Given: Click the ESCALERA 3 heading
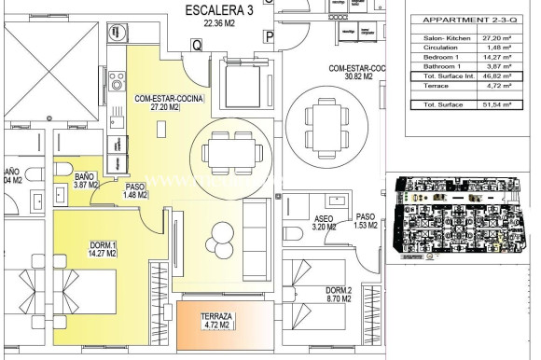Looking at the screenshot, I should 220,10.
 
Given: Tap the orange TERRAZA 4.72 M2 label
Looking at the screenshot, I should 216,322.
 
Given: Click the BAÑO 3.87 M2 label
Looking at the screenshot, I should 85,181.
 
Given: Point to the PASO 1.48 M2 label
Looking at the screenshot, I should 135,190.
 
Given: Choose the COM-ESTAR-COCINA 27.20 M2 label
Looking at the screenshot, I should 169,103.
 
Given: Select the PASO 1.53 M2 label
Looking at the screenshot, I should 366,220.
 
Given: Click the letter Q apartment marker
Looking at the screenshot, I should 197,44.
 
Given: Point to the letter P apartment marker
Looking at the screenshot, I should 269,37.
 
